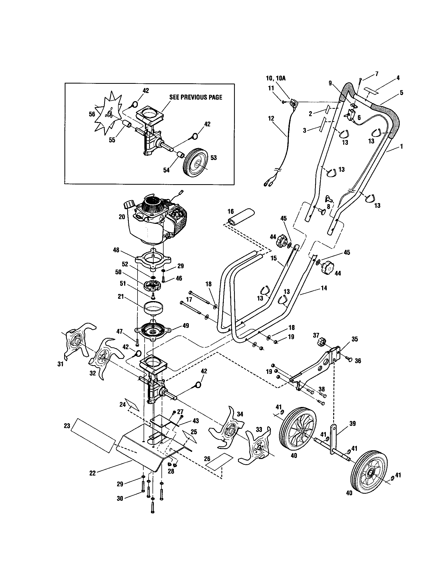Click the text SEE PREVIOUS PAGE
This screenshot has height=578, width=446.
[195, 97]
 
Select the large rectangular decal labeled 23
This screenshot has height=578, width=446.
[93, 435]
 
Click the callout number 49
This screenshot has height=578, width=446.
[186, 326]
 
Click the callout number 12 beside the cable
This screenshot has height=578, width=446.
[271, 118]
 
